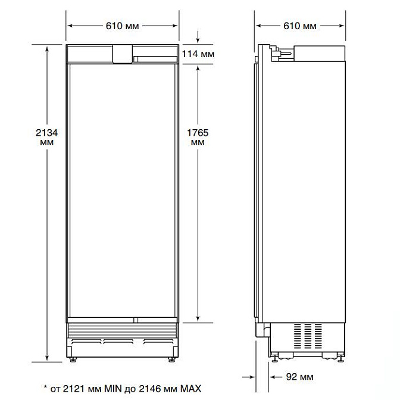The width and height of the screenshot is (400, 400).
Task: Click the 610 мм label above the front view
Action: click(123, 26)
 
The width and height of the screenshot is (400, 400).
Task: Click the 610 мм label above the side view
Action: click(300, 26)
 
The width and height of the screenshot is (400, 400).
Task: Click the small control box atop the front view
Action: click(122, 54)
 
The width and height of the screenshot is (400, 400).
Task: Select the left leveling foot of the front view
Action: click(74, 359)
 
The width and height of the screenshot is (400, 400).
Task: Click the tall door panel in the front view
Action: click(122, 190)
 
